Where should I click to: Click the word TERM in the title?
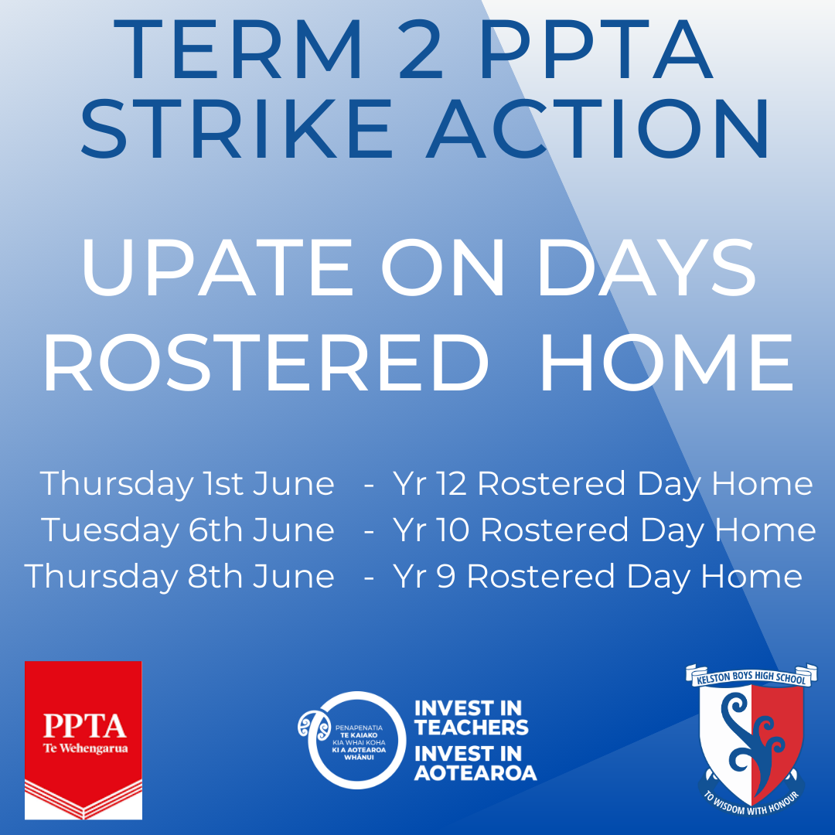[x=238, y=49]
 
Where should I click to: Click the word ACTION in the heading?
[x=598, y=128]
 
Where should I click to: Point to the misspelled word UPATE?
[x=216, y=267]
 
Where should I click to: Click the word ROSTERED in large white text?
[x=265, y=363]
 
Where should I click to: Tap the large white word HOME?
[x=666, y=363]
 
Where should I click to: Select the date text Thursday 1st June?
[x=187, y=485]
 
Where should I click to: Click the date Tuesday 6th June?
[x=188, y=530]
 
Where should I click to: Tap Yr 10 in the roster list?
[x=431, y=530]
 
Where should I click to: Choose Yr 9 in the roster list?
[x=424, y=578]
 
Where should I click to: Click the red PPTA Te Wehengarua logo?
[x=83, y=740]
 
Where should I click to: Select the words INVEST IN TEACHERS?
[x=472, y=717]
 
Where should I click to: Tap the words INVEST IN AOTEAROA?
[x=475, y=763]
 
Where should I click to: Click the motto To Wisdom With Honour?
[x=751, y=805]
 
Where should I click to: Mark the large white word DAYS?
[x=647, y=267]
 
